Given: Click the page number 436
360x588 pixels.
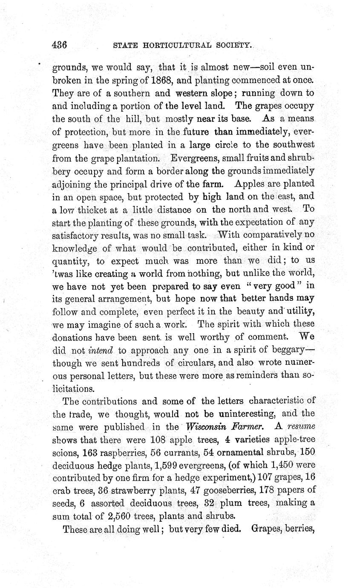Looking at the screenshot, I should click(60, 44).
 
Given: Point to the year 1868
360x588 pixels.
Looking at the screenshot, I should click(158, 80).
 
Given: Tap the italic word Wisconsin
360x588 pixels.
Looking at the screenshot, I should click(204, 426).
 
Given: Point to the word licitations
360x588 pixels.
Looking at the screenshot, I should click(73, 389).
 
